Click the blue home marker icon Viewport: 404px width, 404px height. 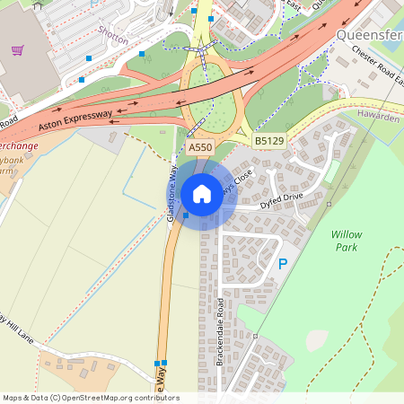coord(202,194)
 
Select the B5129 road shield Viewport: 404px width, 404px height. coord(268,141)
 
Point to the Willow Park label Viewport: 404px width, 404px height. coord(346,240)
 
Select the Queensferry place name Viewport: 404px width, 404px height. coord(369,36)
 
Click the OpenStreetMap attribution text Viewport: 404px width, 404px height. coord(91,398)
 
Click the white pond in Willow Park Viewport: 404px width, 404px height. coord(316,340)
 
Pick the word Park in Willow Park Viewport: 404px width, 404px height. coord(346,247)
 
